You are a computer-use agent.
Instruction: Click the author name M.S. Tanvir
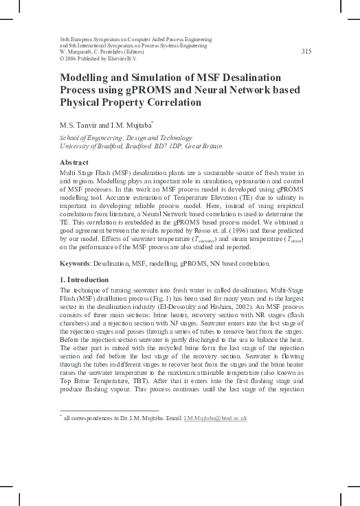point(82,124)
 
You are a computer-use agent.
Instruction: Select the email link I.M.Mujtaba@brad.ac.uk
point(215,418)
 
